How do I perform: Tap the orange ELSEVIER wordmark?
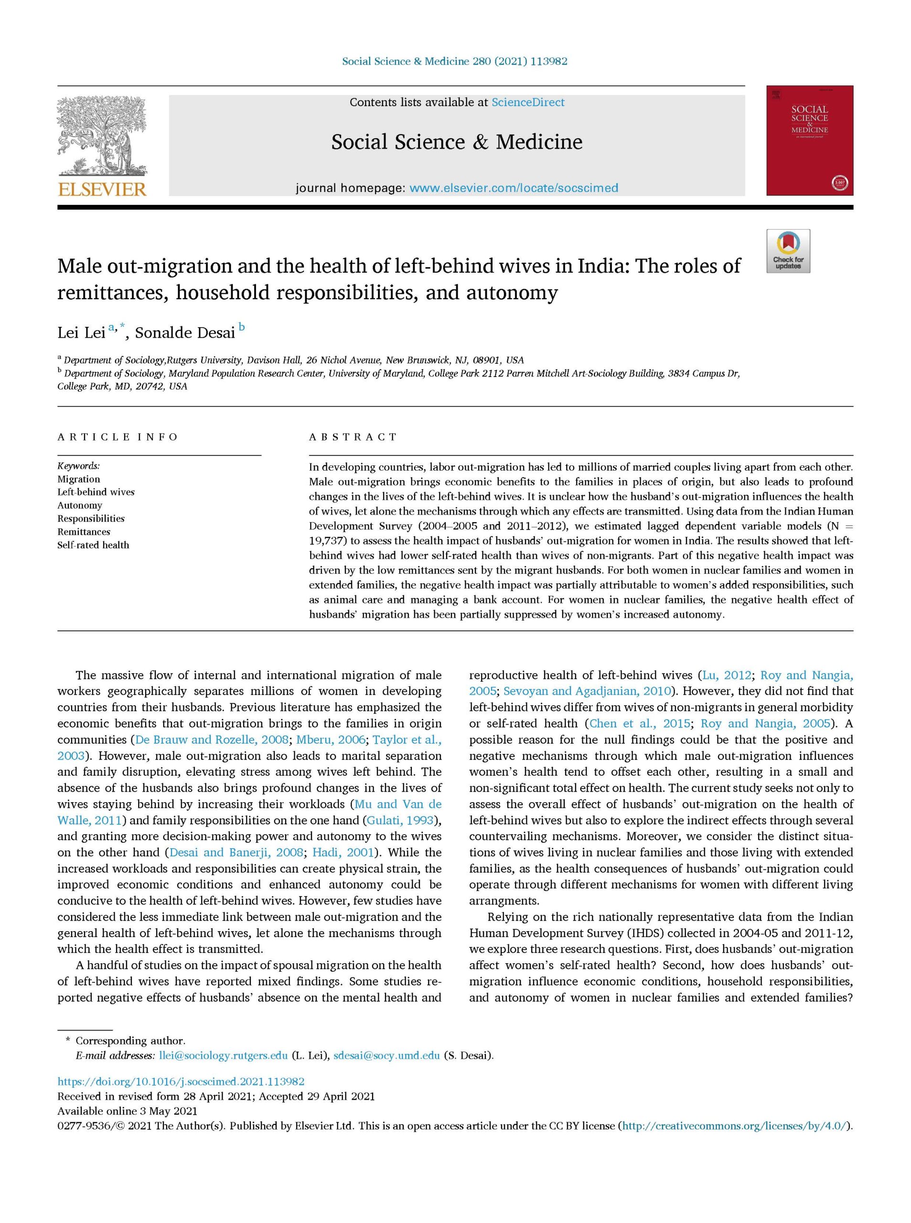click(x=102, y=190)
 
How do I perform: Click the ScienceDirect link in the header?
click(x=528, y=103)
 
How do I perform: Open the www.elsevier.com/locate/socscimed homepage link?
click(x=514, y=188)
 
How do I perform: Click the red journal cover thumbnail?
click(x=809, y=140)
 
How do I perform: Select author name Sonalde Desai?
click(x=186, y=333)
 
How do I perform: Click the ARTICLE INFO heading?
click(x=118, y=437)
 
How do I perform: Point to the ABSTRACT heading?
click(x=353, y=437)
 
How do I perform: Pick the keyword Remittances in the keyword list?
click(x=84, y=532)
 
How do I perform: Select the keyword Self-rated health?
click(x=93, y=545)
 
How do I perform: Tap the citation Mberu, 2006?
click(x=331, y=740)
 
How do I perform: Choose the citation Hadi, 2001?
click(x=343, y=852)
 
